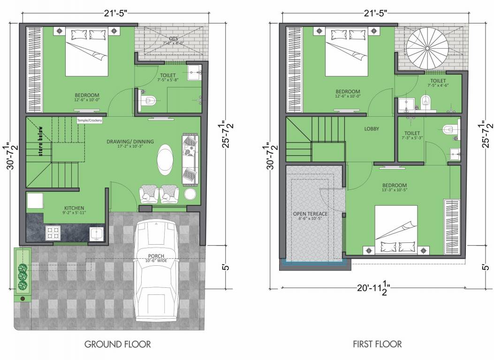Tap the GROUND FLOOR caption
coord(117,345)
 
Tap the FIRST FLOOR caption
coord(377,345)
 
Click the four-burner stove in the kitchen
coord(53,232)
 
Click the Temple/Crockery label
coord(90,120)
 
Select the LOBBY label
coord(372,129)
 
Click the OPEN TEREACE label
coord(310,214)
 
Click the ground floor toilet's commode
coord(149,100)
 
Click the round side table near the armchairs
coord(190,194)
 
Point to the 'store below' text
coord(41,143)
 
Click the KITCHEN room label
coord(74,208)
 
